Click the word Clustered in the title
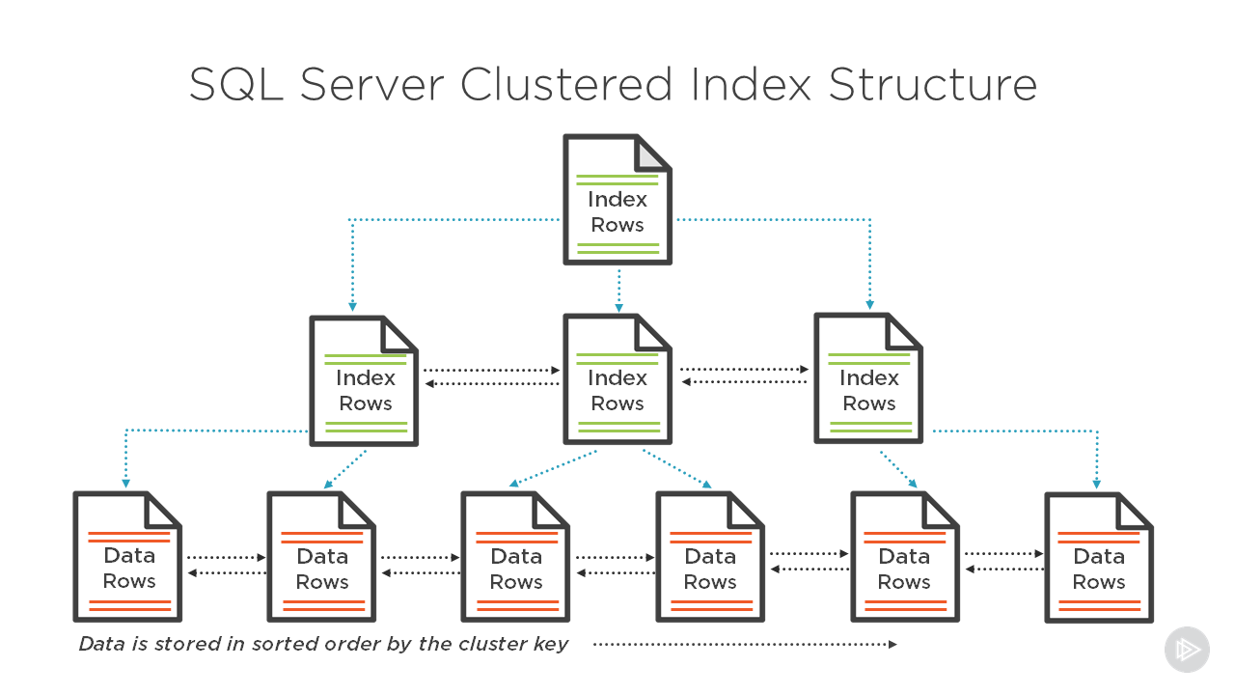[565, 85]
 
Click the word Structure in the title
[932, 85]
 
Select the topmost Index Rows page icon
[617, 200]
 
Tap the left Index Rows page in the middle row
[364, 380]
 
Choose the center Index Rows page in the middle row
[617, 380]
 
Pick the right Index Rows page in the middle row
[868, 378]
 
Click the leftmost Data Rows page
[127, 557]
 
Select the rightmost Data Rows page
[1099, 558]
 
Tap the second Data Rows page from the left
[321, 557]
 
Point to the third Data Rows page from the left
[515, 557]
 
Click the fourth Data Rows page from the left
[710, 557]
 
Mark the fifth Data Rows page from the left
[904, 557]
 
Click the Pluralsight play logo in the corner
[1186, 650]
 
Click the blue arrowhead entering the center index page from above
[618, 307]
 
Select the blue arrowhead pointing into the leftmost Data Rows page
[125, 484]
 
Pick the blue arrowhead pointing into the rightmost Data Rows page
[1097, 484]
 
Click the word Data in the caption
[100, 644]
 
